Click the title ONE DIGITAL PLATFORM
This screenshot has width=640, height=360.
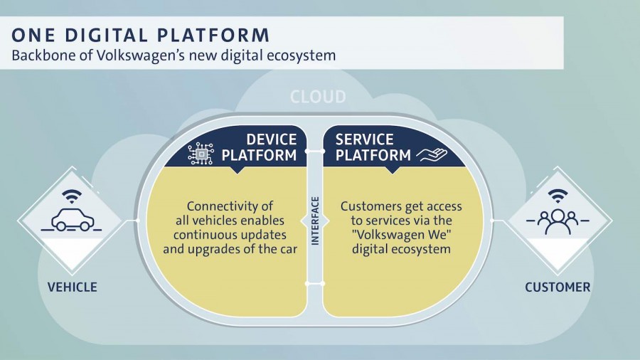pos(140,35)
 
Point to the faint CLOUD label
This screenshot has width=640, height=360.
pos(318,97)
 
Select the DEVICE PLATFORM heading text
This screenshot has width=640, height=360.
pos(259,147)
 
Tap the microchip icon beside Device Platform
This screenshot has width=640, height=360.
pos(201,154)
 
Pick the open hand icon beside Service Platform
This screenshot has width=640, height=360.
pos(432,154)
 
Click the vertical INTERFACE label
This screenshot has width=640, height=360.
pos(315,221)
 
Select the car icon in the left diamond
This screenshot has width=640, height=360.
pos(71,220)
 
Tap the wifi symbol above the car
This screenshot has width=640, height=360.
pos(72,196)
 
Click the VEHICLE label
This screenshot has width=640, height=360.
pos(73,287)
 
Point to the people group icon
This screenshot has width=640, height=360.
pos(558,222)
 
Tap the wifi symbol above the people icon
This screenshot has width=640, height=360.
pos(558,196)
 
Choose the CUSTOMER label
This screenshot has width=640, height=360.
pos(558,287)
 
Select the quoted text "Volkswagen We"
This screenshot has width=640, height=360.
pos(401,235)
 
